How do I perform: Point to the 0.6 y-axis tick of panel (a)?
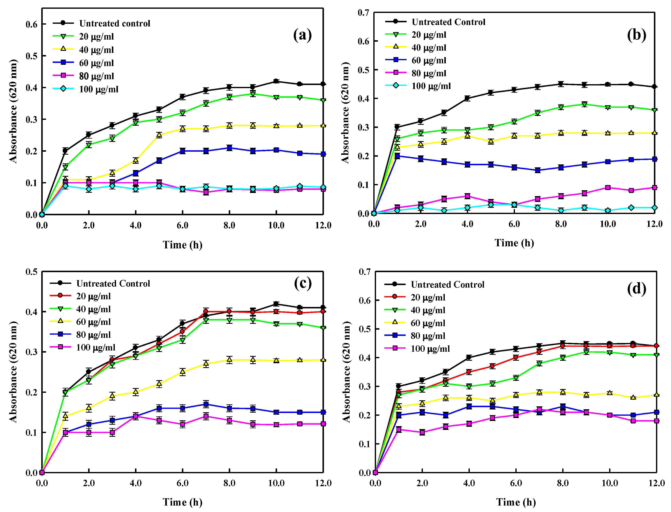tap(31, 24)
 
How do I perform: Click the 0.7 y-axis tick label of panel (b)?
tap(363, 13)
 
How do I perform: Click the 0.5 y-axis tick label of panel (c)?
tap(31, 272)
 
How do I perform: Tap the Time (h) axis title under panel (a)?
tap(182, 245)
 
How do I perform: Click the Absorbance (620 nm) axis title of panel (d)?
tap(346, 372)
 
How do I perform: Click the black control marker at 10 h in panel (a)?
tap(276, 81)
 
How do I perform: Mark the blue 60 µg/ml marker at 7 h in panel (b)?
tap(538, 170)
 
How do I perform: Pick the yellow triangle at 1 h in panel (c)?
tap(65, 416)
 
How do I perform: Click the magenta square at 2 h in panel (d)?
tap(422, 432)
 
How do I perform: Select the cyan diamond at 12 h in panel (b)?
tap(655, 208)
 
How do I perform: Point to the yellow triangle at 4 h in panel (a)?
tap(136, 160)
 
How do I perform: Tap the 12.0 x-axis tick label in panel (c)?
tap(323, 483)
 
